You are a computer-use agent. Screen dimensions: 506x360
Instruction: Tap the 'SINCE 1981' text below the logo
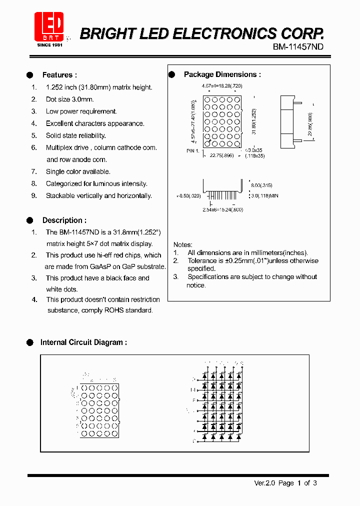(x=49, y=45)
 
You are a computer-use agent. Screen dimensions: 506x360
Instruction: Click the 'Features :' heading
(x=59, y=75)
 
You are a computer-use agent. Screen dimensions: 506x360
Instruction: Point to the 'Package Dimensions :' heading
(x=222, y=74)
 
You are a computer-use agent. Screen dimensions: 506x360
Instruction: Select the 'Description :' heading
(x=64, y=220)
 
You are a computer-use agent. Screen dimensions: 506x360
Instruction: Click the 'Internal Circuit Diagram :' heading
(x=83, y=342)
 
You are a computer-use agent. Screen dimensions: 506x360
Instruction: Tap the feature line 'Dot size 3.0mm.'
(x=69, y=99)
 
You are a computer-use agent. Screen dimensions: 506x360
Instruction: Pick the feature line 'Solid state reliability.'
(x=75, y=135)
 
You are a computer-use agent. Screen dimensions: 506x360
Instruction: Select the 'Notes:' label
(x=183, y=244)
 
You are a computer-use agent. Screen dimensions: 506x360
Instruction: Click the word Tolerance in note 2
(x=203, y=260)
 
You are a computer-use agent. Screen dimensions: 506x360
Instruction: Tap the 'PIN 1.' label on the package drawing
(x=193, y=150)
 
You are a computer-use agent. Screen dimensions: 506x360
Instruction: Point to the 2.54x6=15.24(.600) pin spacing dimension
(x=222, y=209)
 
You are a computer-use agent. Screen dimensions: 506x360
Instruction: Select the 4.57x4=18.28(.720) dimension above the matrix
(x=222, y=86)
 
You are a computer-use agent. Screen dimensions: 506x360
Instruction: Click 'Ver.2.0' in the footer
(x=264, y=483)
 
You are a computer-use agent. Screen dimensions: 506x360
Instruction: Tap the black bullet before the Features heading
(x=29, y=75)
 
